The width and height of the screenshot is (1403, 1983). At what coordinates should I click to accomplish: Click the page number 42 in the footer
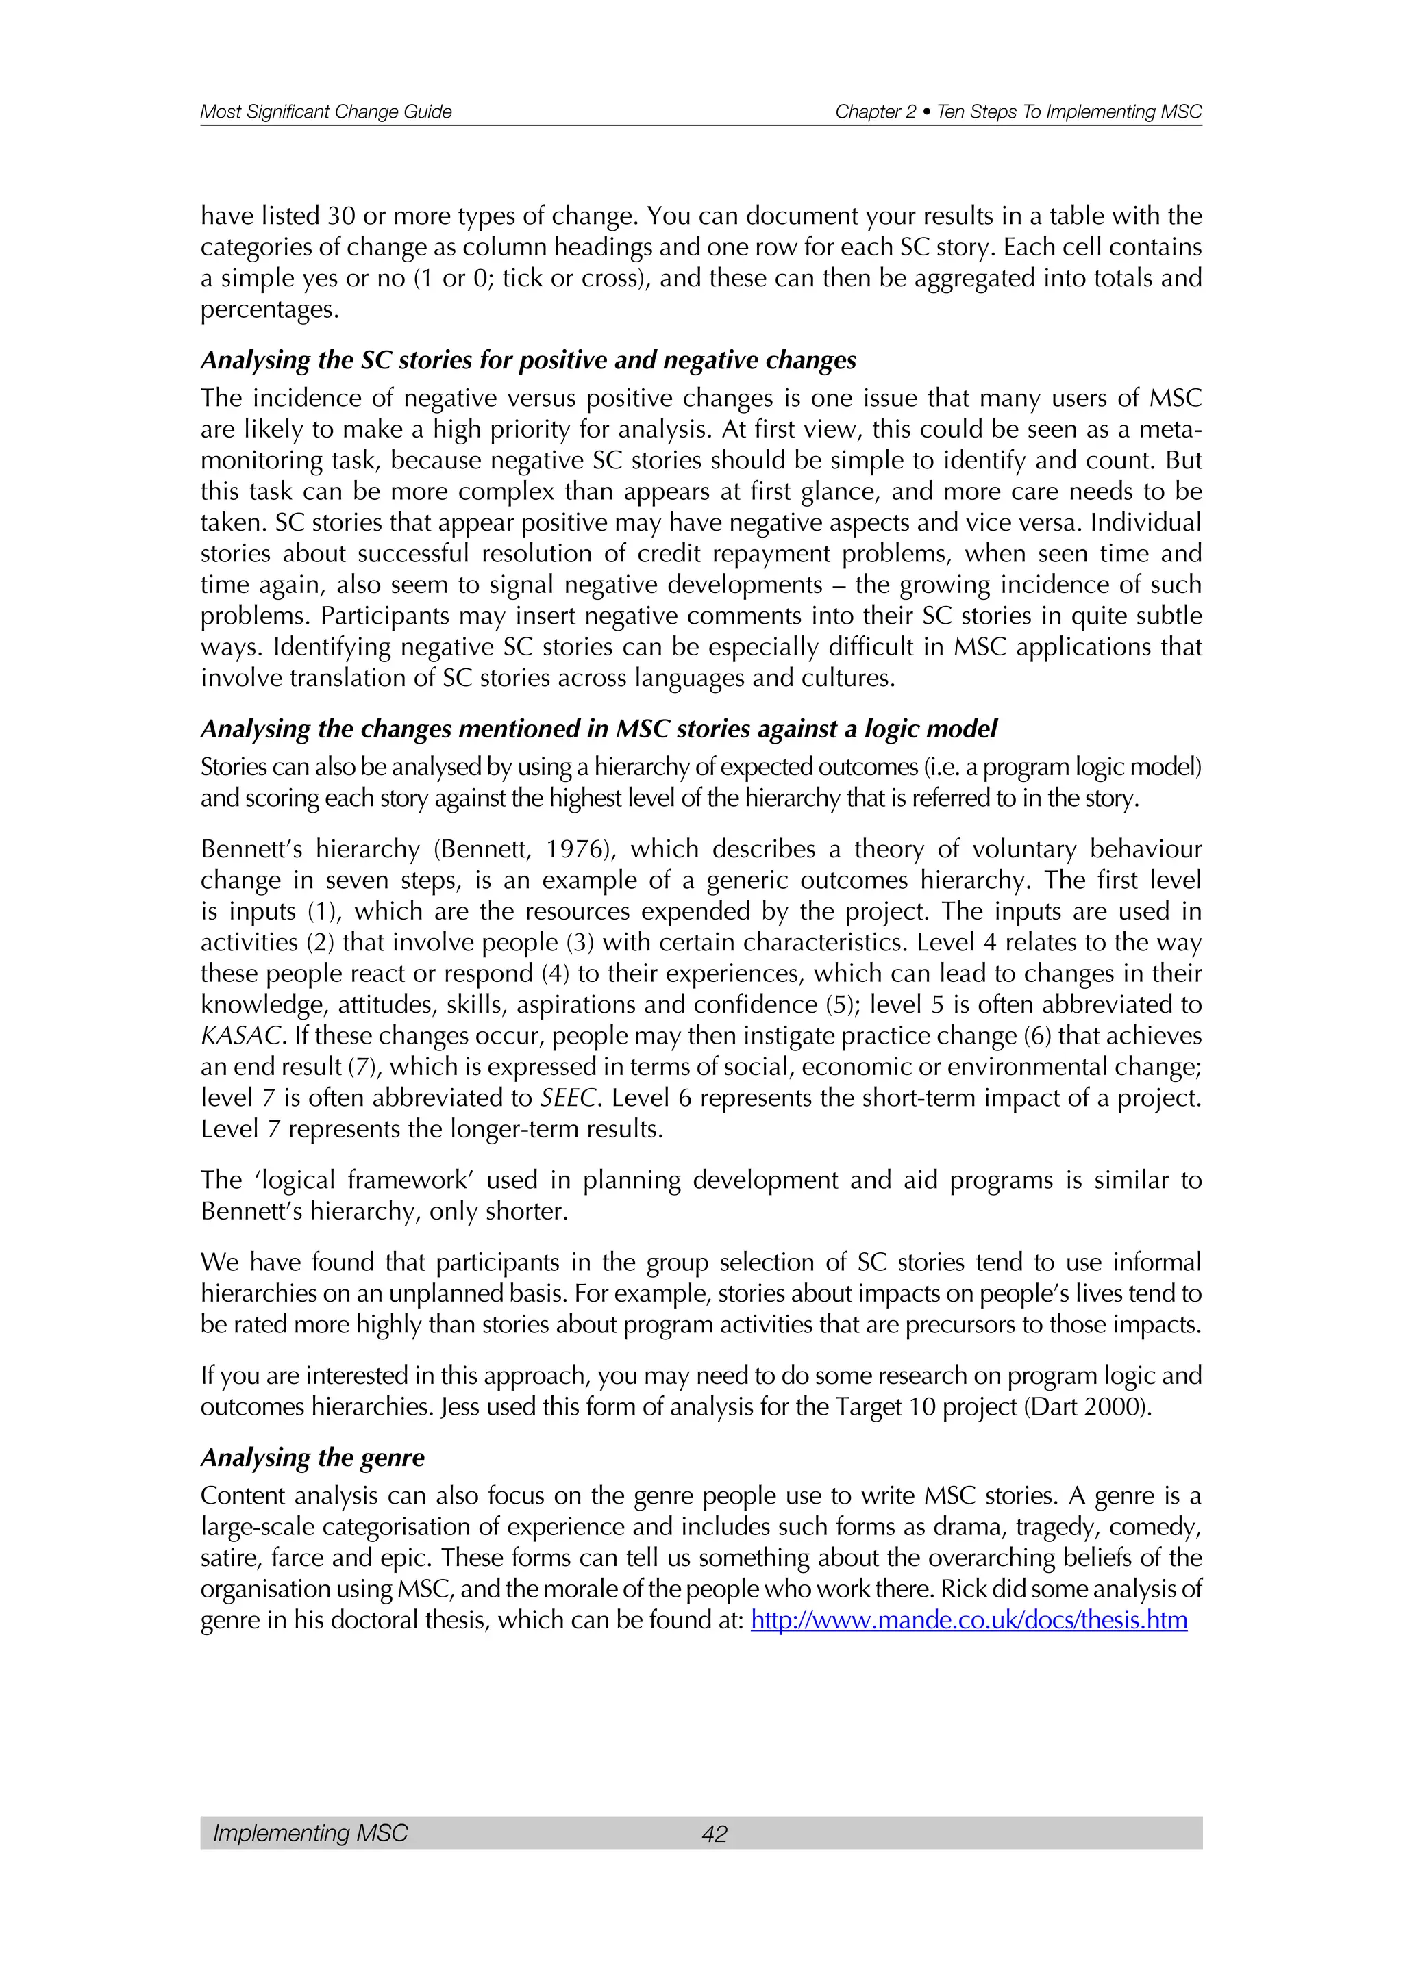click(715, 1833)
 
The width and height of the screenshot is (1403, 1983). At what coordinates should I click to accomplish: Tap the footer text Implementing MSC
click(310, 1833)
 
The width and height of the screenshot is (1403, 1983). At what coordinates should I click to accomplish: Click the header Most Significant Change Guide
click(325, 112)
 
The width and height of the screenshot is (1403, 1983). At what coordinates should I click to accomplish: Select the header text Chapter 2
click(875, 112)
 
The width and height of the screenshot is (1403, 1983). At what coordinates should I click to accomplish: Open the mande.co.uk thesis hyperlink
click(969, 1619)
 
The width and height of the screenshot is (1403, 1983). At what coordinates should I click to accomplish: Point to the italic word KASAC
click(240, 1035)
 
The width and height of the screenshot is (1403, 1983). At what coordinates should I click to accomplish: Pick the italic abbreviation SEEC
click(569, 1098)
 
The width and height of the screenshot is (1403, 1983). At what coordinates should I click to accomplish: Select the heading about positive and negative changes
click(528, 359)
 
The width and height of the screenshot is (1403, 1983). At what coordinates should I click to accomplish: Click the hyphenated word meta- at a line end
click(1171, 429)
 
